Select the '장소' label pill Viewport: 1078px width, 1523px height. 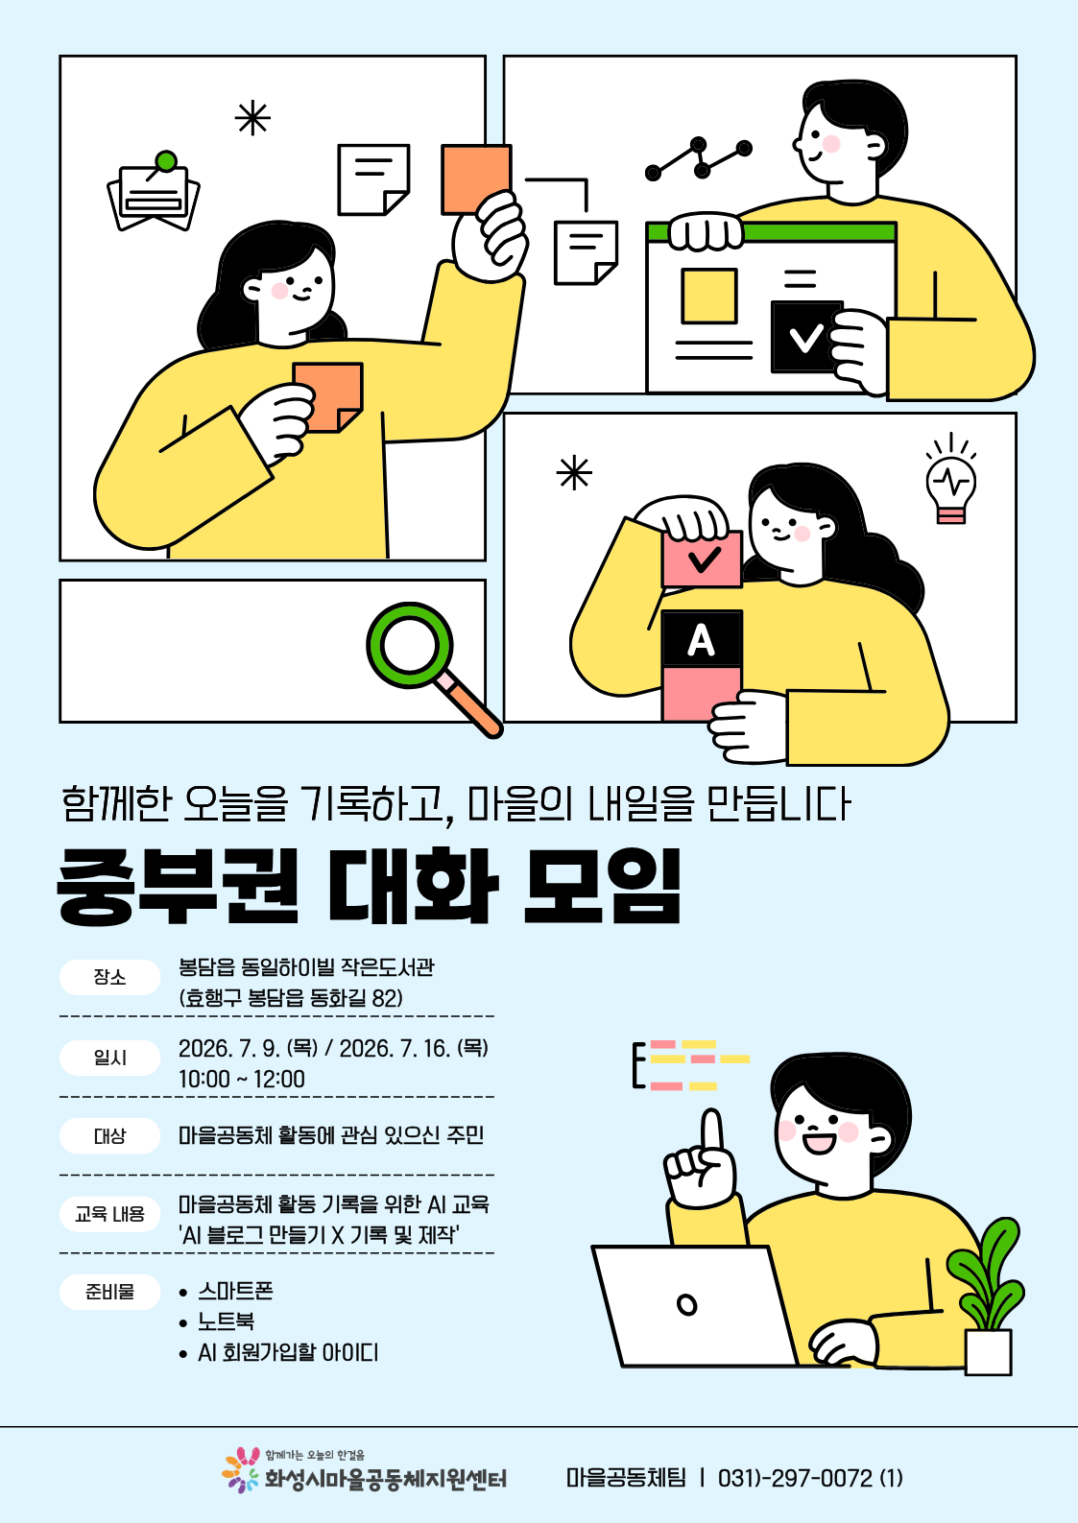[x=109, y=977]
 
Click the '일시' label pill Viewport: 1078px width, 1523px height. [x=109, y=1058]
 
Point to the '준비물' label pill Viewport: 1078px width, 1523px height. [x=109, y=1292]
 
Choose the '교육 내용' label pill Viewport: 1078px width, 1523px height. [x=109, y=1214]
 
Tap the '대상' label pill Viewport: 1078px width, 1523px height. [x=109, y=1135]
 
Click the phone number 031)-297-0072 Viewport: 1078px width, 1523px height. [x=795, y=1478]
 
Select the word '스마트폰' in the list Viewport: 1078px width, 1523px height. [x=235, y=1291]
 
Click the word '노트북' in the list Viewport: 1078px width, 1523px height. [x=226, y=1321]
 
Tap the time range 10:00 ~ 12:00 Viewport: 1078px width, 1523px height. [x=242, y=1079]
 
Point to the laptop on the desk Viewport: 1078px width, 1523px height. [x=695, y=1305]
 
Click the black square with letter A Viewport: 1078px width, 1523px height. [x=702, y=639]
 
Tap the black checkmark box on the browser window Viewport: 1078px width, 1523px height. [x=806, y=337]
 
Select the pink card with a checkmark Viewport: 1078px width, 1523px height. [x=702, y=559]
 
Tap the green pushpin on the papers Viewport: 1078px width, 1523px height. [x=165, y=162]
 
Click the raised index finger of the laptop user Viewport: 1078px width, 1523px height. [x=712, y=1136]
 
